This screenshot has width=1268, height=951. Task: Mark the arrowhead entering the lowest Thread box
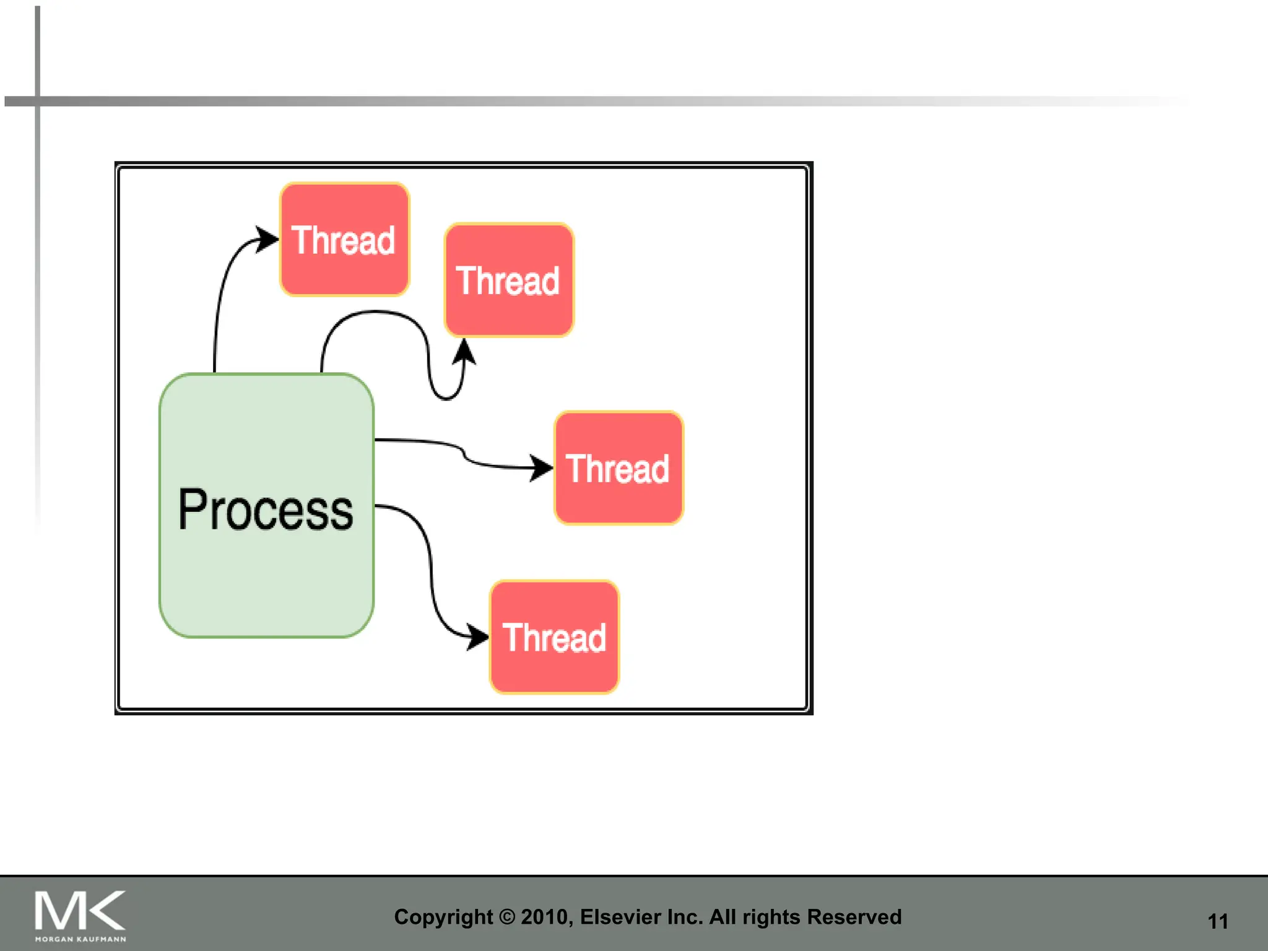tap(478, 636)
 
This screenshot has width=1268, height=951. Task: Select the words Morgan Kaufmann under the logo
tap(80, 939)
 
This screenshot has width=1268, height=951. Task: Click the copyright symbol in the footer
tap(507, 917)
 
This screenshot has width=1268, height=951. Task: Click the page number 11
tap(1218, 921)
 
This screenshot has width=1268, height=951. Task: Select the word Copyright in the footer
tap(443, 917)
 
